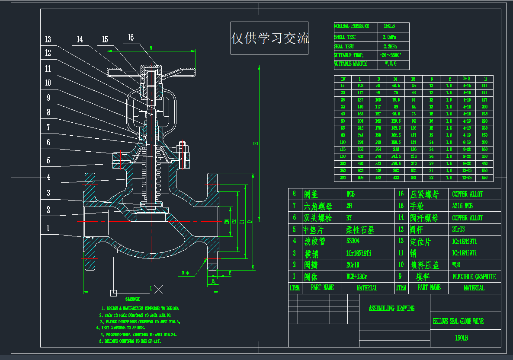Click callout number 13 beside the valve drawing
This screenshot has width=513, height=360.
[x=48, y=40]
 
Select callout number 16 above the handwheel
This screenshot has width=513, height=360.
[x=131, y=38]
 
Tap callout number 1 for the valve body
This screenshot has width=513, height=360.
[x=48, y=228]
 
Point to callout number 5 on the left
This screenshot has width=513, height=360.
[x=48, y=160]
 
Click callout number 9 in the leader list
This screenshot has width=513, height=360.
[x=48, y=98]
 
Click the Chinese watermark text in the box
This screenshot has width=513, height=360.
[x=269, y=38]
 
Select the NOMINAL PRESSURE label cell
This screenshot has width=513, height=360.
[x=352, y=26]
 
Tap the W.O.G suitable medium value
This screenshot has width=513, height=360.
[x=390, y=64]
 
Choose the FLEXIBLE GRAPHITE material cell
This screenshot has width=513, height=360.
[x=474, y=277]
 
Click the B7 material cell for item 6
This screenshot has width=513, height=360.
[x=349, y=218]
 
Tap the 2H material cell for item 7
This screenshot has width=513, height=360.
[x=349, y=206]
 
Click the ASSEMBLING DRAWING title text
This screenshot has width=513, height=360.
[x=391, y=309]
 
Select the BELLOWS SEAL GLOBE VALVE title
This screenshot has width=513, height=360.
[x=458, y=322]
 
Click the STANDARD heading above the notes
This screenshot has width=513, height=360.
[x=133, y=299]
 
